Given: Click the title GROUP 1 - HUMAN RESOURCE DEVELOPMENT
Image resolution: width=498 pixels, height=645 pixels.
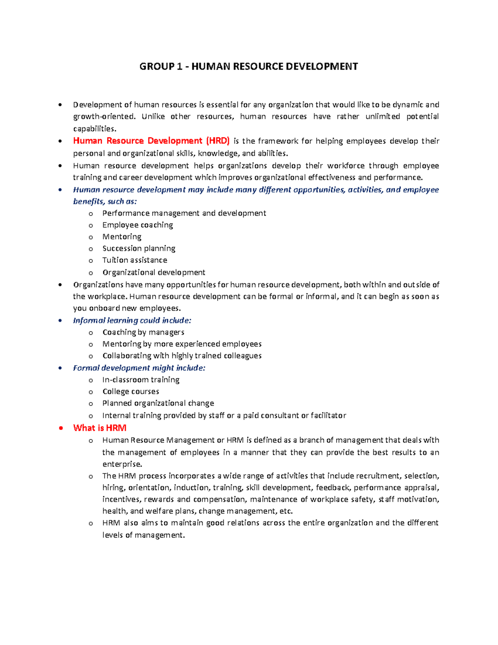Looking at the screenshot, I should pos(249,66).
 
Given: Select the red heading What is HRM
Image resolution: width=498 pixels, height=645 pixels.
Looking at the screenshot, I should pos(100,428).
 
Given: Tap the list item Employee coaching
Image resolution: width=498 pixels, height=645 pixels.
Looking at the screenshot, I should pos(137,225).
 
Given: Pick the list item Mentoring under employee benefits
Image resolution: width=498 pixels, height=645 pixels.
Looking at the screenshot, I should pos(122,236).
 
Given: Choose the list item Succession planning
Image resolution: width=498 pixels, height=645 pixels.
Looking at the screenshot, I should pos(139,248).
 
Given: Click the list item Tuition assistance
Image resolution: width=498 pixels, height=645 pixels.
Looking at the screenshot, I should pos(134,260).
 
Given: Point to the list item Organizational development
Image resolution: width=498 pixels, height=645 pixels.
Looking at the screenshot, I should pos(154,272).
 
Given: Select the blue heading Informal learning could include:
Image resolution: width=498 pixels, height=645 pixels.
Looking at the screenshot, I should pos(132,320).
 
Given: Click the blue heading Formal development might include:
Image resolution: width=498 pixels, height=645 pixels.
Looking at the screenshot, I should pos(139,368).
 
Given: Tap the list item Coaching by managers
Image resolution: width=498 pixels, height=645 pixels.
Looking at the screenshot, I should pos(143,332).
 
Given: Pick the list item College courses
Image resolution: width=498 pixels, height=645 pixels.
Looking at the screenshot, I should pos(131,391).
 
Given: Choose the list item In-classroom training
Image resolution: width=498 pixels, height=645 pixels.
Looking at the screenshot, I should pos(141,380).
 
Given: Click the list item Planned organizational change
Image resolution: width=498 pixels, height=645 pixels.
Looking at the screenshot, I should pos(158,403).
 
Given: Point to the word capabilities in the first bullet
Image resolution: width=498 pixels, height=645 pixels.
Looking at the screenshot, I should pos(94,128).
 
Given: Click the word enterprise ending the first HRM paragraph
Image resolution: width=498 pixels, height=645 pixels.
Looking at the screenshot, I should pos(122,464).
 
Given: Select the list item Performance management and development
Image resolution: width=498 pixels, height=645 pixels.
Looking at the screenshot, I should pos(184,213).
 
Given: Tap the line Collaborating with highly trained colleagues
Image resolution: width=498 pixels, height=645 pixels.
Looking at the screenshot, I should pos(182,356).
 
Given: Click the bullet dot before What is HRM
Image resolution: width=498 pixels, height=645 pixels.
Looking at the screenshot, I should pos(61,428).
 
